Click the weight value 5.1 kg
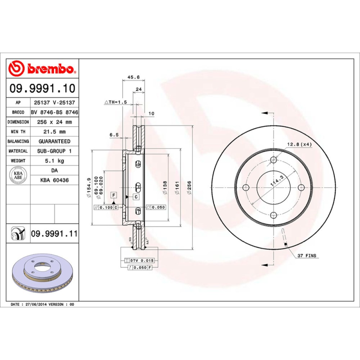[54, 161]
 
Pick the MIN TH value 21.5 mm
[54, 132]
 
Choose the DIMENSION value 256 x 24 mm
[54, 122]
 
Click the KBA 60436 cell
[54, 180]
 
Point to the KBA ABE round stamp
[18, 175]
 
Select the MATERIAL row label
[18, 151]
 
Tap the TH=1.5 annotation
[116, 103]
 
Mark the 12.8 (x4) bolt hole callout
[299, 144]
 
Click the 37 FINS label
[306, 256]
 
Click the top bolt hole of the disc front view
[274, 160]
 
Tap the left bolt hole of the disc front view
[246, 188]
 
